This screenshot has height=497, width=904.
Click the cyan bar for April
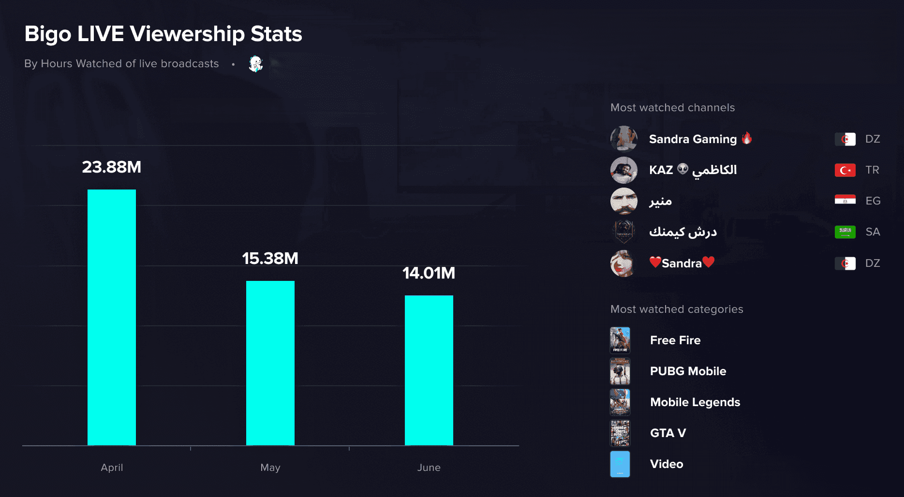pos(112,317)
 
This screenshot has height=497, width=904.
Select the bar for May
pos(270,363)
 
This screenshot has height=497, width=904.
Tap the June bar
pos(429,370)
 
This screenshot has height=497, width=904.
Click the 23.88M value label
pos(112,167)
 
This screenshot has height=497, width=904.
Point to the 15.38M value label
pos(270,259)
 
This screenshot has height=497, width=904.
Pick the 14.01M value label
pos(429,273)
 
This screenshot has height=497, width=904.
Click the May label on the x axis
pos(270,468)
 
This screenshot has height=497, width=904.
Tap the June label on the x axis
pos(429,468)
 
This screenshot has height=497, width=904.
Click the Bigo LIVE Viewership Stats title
pos(163,34)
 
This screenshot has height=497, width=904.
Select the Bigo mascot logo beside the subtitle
pos(255,63)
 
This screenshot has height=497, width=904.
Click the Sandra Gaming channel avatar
pos(623,139)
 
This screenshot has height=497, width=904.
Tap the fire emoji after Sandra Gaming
pos(747,138)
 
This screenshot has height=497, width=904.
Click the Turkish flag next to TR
pos(845,170)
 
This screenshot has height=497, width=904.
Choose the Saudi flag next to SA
pos(845,232)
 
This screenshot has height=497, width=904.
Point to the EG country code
pos(873,201)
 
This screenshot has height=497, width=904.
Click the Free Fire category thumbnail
pos(620,340)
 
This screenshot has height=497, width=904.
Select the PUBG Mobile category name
pos(688,371)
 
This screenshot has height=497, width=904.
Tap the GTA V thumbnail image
pos(620,433)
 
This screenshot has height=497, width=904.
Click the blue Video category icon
pos(620,464)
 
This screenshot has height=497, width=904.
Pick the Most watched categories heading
pos(677,309)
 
